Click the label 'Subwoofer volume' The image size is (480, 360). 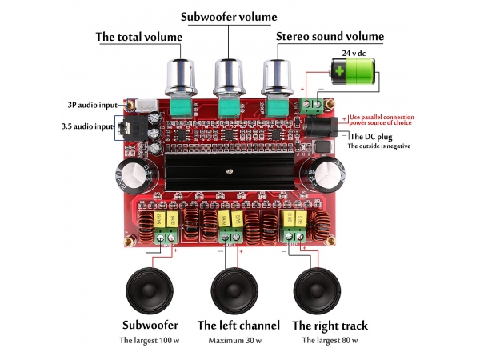tap(229, 17)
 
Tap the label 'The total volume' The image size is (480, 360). tap(139, 37)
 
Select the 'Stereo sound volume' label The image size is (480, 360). tap(330, 37)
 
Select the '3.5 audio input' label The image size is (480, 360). tap(87, 126)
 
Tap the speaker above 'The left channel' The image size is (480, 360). tap(237, 290)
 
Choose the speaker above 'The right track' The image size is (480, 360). tap(318, 290)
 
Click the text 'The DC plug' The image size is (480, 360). tap(372, 137)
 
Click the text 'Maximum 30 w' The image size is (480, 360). tap(238, 341)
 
